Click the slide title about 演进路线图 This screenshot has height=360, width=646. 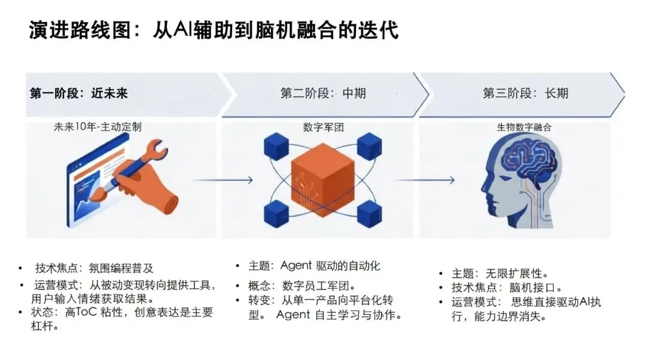214,30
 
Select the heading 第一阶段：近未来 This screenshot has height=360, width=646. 79,93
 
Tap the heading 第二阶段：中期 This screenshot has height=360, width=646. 323,93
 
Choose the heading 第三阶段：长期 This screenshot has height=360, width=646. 526,93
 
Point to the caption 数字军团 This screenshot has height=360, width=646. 323,127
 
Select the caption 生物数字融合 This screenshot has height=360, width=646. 525,127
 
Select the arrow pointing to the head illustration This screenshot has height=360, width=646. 426,179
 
